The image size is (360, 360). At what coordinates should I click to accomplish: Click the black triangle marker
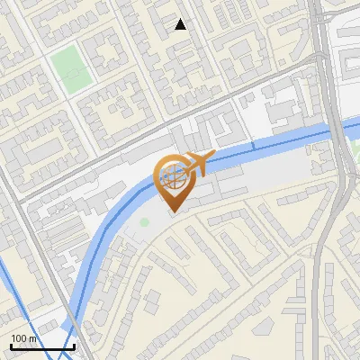(181, 24)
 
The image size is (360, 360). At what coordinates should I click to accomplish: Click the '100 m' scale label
(23, 337)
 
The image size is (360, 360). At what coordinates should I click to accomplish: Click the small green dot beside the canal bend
(144, 221)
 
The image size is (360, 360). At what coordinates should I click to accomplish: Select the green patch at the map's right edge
(354, 139)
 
